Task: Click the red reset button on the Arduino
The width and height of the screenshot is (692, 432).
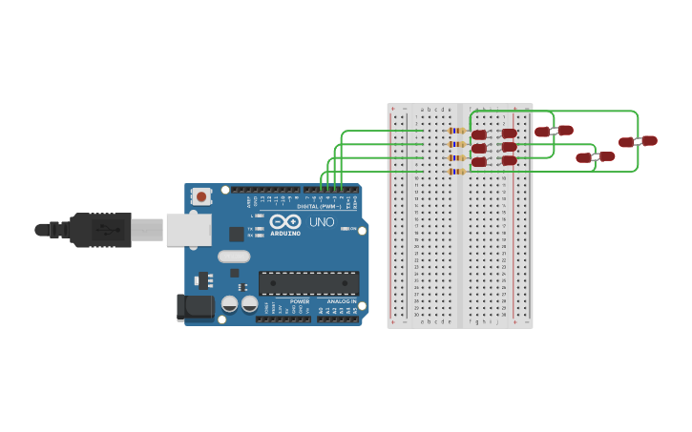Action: pyautogui.click(x=201, y=196)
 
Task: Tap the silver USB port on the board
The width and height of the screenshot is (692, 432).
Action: pyautogui.click(x=188, y=230)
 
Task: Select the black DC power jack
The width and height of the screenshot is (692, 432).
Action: pyautogui.click(x=195, y=306)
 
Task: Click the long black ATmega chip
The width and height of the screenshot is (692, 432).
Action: pyautogui.click(x=308, y=283)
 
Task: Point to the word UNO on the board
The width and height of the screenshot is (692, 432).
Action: pyautogui.click(x=322, y=222)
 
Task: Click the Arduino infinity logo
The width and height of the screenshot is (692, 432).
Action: pyautogui.click(x=284, y=221)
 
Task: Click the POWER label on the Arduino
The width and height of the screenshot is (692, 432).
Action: pyautogui.click(x=300, y=301)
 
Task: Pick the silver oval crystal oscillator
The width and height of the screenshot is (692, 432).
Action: pyautogui.click(x=234, y=256)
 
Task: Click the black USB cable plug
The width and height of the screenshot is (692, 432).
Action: pyautogui.click(x=100, y=230)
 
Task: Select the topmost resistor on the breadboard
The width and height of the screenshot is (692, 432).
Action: pyautogui.click(x=456, y=131)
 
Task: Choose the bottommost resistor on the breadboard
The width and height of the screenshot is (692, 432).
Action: pyautogui.click(x=456, y=172)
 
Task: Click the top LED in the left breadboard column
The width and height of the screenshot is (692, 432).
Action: pyautogui.click(x=479, y=134)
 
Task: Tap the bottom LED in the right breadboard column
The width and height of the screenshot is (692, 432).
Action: pyautogui.click(x=509, y=160)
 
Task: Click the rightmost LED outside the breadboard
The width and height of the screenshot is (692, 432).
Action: pyautogui.click(x=639, y=141)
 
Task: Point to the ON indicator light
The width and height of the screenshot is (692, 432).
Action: pyautogui.click(x=343, y=229)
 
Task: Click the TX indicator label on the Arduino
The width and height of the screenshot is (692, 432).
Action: pyautogui.click(x=250, y=229)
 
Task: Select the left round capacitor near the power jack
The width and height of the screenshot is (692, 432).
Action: pyautogui.click(x=230, y=304)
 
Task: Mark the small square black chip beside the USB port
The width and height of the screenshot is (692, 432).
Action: pyautogui.click(x=236, y=234)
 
